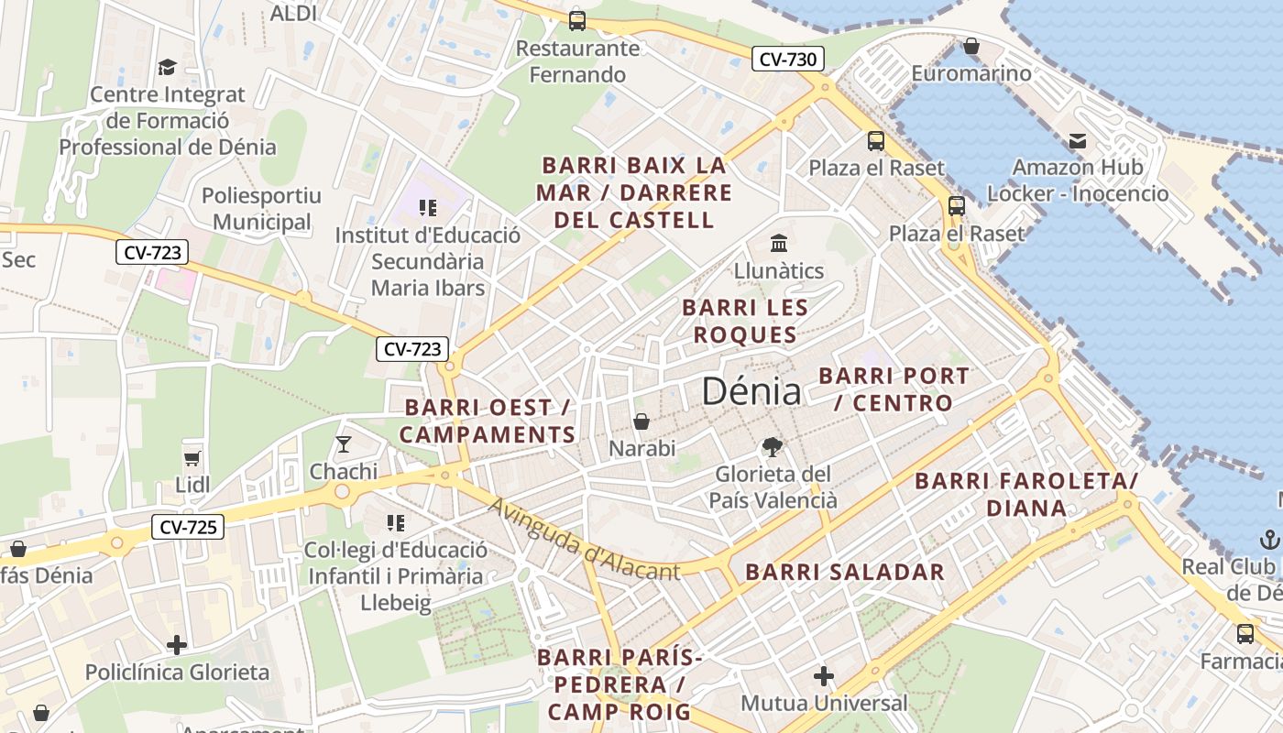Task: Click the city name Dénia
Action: pyautogui.click(x=751, y=391)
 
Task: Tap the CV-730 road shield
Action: pyautogui.click(x=788, y=60)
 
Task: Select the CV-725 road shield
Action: pyautogui.click(x=187, y=527)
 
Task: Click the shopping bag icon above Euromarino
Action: pyautogui.click(x=971, y=46)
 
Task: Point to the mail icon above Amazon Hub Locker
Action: pyautogui.click(x=1078, y=141)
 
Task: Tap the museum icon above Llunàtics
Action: pyautogui.click(x=779, y=244)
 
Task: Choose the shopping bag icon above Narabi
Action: pyautogui.click(x=641, y=421)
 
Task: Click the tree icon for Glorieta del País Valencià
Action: pyautogui.click(x=773, y=447)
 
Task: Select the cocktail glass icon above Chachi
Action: pyautogui.click(x=344, y=444)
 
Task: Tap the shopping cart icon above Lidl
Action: pyautogui.click(x=192, y=457)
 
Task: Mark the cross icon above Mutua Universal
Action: pyautogui.click(x=824, y=676)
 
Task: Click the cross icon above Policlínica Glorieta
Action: pyautogui.click(x=177, y=644)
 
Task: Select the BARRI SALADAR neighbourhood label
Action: pyautogui.click(x=844, y=573)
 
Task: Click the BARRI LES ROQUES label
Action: pyautogui.click(x=745, y=321)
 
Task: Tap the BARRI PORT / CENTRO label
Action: pyautogui.click(x=894, y=389)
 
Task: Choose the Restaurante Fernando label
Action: pyautogui.click(x=577, y=61)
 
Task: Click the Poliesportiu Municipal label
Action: pyautogui.click(x=261, y=209)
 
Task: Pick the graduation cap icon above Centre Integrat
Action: pyautogui.click(x=167, y=67)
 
